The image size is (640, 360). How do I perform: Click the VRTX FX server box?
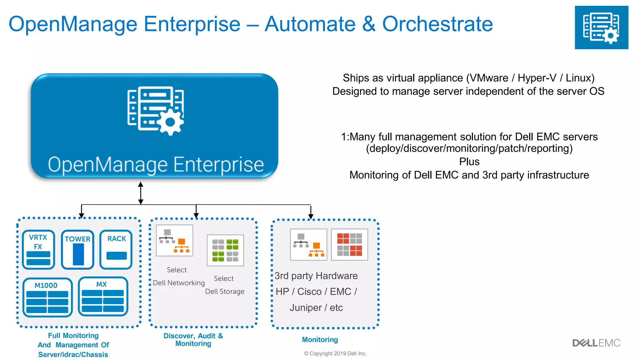point(38,249)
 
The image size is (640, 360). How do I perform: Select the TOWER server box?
point(77,249)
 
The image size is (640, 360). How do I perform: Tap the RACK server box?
point(116,249)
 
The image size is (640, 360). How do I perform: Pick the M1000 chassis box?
point(47,297)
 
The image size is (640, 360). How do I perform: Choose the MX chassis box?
point(103,296)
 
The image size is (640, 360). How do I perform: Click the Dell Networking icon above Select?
point(174,241)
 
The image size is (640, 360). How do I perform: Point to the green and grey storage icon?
point(225,250)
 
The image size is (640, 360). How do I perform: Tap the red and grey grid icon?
point(349,244)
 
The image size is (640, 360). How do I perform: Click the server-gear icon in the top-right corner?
point(601,27)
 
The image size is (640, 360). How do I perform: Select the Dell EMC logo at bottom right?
point(596,343)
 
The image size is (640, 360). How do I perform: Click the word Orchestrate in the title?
point(437,24)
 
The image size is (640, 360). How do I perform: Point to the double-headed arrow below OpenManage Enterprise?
point(141,193)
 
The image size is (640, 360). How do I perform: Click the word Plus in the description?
point(469,162)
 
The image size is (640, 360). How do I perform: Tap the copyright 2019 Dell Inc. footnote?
point(335,353)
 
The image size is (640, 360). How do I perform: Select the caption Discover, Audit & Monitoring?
point(193,340)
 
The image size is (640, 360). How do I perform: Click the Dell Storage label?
point(225,291)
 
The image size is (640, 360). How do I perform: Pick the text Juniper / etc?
point(316,307)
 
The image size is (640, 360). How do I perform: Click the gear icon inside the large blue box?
point(170,122)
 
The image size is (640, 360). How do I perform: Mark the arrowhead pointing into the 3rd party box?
point(311,216)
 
